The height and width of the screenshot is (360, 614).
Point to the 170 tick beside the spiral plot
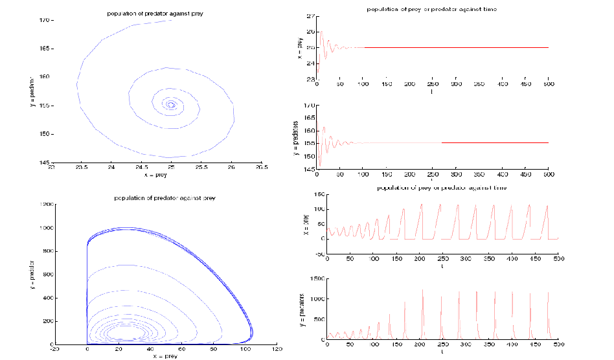(44, 21)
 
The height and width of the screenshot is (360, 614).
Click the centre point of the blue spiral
(170, 104)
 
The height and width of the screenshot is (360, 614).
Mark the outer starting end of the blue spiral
(172, 21)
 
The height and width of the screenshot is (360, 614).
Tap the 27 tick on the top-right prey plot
(310, 16)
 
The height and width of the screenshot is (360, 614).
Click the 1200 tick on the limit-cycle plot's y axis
(47, 205)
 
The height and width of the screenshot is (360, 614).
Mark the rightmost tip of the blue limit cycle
(252, 333)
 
